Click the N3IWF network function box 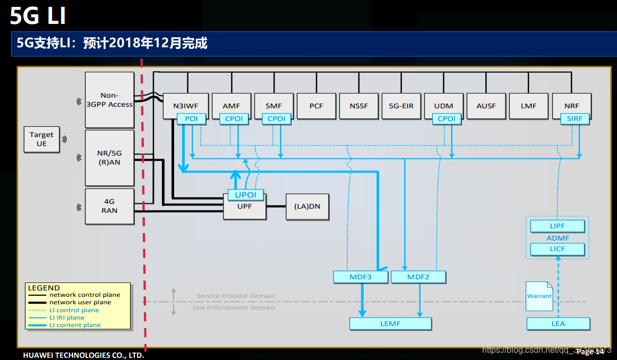tap(185, 106)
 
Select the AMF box tap(232, 106)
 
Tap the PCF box tap(316, 106)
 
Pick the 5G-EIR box tap(401, 106)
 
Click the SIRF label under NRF tap(575, 119)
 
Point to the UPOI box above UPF tap(245, 195)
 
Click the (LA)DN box tap(307, 207)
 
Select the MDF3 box tap(361, 277)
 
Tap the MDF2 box tap(418, 277)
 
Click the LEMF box tap(390, 323)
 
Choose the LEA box tap(558, 323)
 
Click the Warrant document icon tap(539, 296)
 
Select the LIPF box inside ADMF tap(558, 226)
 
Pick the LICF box tap(558, 249)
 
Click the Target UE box tap(41, 139)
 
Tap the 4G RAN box tap(109, 206)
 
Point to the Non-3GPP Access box tap(109, 100)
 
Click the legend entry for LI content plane tap(74, 325)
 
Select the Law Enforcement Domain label tap(234, 307)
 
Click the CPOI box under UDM tap(446, 119)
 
